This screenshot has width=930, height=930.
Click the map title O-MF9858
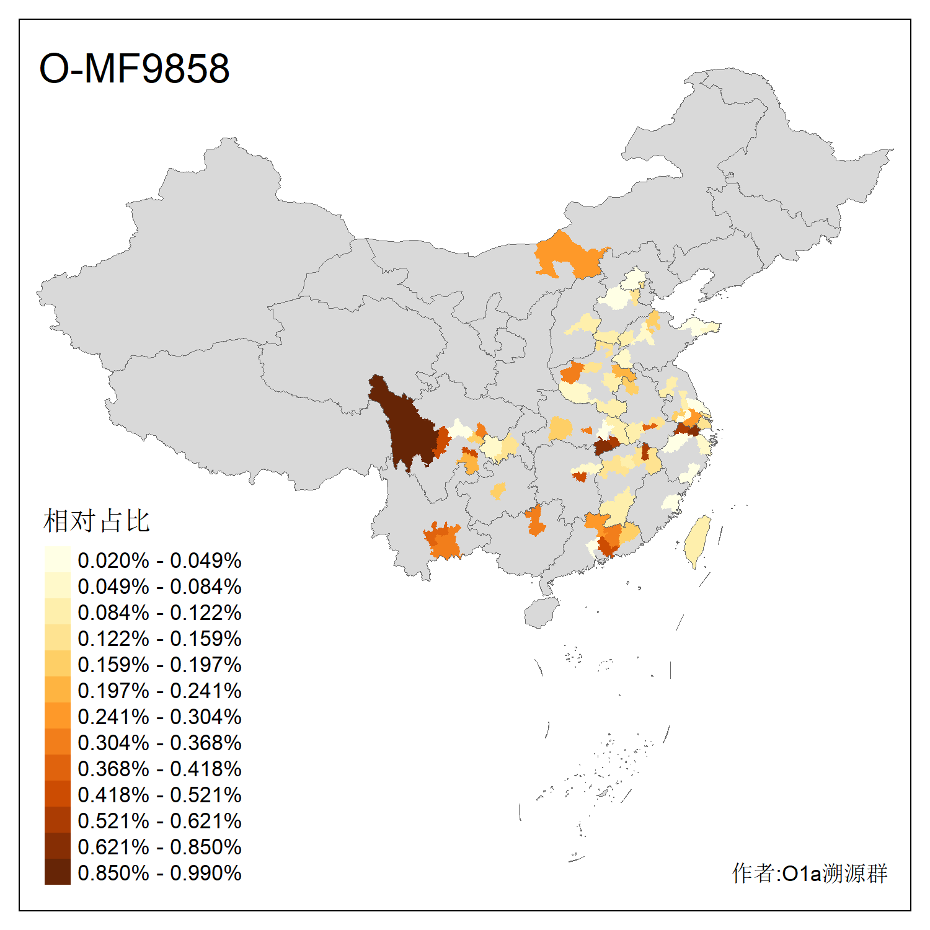134,68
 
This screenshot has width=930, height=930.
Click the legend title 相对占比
96,521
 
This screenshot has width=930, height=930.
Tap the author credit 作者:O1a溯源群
809,873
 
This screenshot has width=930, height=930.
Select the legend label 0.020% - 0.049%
159,560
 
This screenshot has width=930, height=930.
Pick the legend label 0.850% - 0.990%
159,873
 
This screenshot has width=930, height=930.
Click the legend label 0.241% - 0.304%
159,717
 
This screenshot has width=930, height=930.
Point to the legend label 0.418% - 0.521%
159,795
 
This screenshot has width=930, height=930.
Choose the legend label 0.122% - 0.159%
159,639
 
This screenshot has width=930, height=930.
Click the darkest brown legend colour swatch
57,872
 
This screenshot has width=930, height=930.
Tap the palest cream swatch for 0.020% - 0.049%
57,560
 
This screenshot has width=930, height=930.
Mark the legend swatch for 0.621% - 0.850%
57,846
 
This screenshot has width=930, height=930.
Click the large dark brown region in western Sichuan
406,428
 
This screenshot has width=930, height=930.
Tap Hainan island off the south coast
541,613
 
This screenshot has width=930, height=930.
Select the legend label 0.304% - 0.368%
159,743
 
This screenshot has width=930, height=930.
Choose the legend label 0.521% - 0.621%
159,821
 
